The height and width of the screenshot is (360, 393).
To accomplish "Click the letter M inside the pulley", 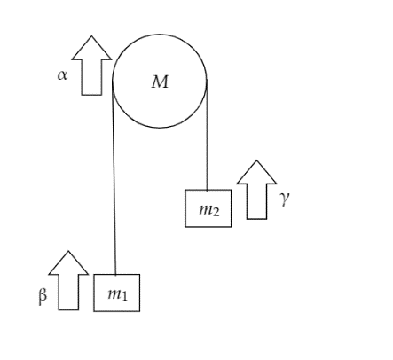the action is tap(160, 82).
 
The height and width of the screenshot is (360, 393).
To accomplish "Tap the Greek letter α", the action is tap(62, 75).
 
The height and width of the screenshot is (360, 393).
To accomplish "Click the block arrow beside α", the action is tap(91, 66).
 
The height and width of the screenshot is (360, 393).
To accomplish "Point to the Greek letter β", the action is tap(43, 295).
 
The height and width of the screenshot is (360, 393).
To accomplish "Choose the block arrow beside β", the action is tap(68, 280).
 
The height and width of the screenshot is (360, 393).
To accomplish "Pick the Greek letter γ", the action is tap(284, 199).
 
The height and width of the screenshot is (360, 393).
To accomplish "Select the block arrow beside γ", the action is tap(256, 190).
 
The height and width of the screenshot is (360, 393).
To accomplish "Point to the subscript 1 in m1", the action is tap(124, 295).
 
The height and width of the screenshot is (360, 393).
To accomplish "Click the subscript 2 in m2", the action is tap(216, 212).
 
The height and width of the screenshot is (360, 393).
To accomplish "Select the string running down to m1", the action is tap(114, 177).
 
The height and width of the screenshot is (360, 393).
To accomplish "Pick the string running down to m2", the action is tap(207, 135).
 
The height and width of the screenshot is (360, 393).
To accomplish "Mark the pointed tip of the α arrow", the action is tap(91, 36).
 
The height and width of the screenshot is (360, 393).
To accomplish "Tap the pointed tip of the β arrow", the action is tap(68, 251).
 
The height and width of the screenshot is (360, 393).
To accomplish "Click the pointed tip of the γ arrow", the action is tap(256, 160).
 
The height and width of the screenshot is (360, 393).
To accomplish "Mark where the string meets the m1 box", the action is tap(115, 274).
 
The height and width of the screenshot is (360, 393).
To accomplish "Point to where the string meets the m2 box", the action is tap(207, 190).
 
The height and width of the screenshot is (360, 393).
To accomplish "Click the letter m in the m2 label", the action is tap(205, 210).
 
